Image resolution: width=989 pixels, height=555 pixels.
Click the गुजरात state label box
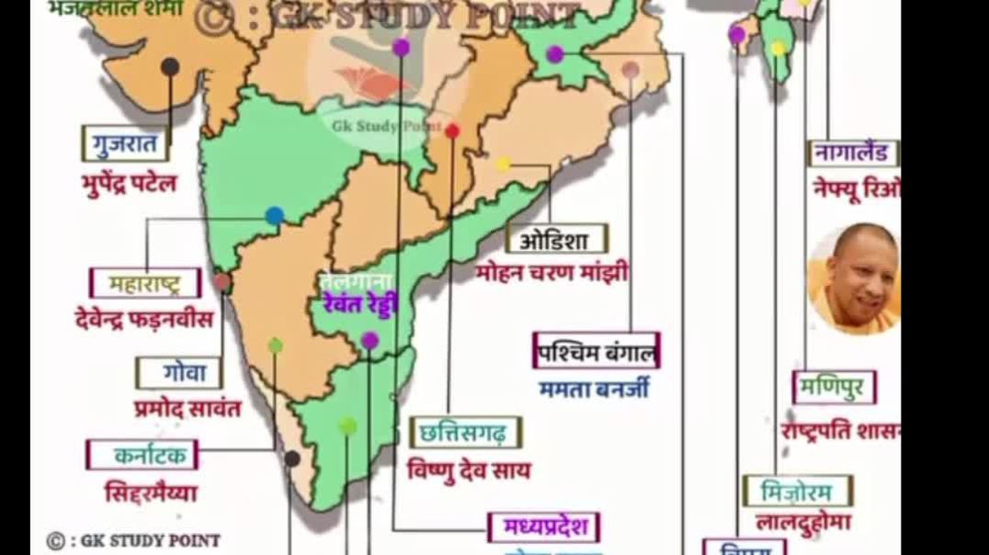pyautogui.click(x=125, y=144)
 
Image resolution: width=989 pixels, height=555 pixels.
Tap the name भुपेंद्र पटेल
pyautogui.click(x=128, y=183)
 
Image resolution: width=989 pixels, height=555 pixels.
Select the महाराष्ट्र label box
pyautogui.click(x=145, y=283)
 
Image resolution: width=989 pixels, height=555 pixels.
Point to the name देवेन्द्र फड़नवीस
pyautogui.click(x=144, y=319)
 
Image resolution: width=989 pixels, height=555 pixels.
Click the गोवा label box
pyautogui.click(x=178, y=373)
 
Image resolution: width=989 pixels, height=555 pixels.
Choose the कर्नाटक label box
pyautogui.click(x=142, y=455)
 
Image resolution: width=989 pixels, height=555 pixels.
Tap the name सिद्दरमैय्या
pyautogui.click(x=151, y=493)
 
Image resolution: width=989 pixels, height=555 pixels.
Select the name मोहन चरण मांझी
pyautogui.click(x=552, y=273)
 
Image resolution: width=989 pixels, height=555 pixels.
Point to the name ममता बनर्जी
pyautogui.click(x=594, y=389)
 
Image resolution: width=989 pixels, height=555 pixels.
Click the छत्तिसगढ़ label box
pyautogui.click(x=465, y=432)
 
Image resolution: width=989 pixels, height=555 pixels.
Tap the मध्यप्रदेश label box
pyautogui.click(x=544, y=527)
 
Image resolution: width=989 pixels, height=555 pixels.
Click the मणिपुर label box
pyautogui.click(x=834, y=388)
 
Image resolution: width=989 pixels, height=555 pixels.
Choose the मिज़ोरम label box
pyautogui.click(x=797, y=492)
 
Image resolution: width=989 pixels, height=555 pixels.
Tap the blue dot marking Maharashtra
pyautogui.click(x=274, y=215)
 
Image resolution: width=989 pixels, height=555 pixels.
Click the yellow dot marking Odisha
pyautogui.click(x=503, y=164)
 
